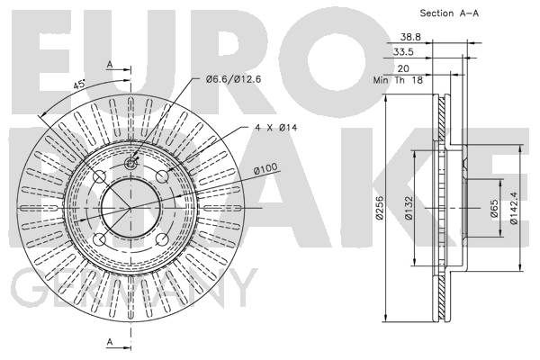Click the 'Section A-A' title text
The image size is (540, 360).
coord(449,13)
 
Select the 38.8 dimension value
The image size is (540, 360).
coord(410,37)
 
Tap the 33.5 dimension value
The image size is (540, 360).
coord(403,52)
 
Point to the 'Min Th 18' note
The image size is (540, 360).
coord(398,80)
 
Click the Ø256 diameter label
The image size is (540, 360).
coord(379,208)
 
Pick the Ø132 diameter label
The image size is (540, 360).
coord(409,208)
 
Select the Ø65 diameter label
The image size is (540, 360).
coord(494,209)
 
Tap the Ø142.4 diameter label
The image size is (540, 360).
coord(514,208)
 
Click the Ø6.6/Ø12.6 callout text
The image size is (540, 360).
coord(233,79)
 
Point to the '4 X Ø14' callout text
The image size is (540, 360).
coord(276,128)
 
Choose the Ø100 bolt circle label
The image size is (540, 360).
coord(265,168)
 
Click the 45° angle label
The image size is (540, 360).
coord(79,84)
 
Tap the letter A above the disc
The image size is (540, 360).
coord(110,65)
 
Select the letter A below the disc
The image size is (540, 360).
coord(110,342)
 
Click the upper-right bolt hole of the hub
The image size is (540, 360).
coord(162,176)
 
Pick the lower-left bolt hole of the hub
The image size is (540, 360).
coord(99,239)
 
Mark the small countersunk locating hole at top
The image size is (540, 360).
coord(130,164)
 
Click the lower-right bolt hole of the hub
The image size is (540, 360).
coord(162,239)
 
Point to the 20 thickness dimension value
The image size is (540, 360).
coord(403,68)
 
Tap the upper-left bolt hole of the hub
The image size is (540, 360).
coord(99,176)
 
